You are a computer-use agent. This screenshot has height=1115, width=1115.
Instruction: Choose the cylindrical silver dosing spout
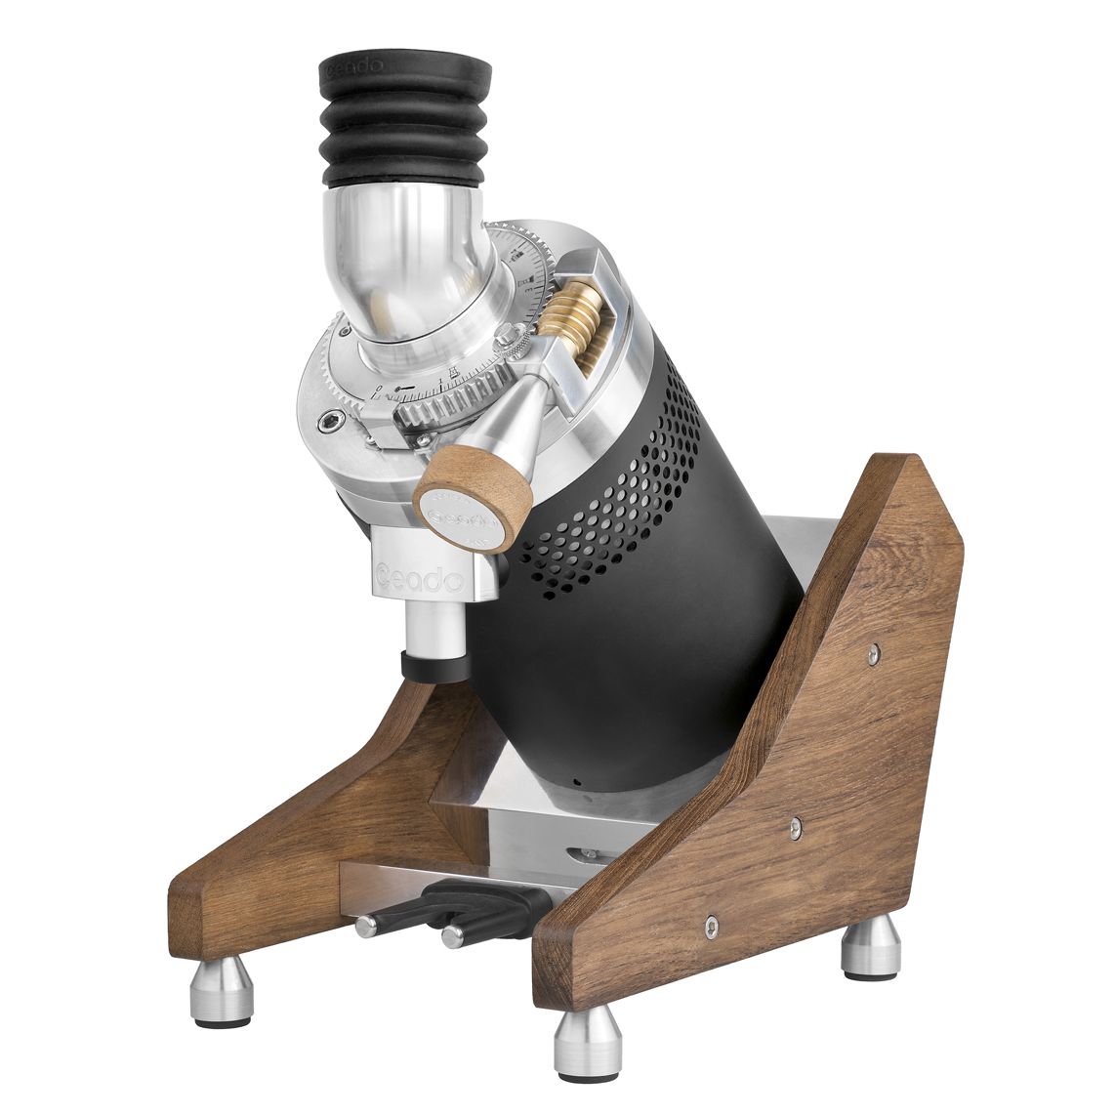coord(434,625)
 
